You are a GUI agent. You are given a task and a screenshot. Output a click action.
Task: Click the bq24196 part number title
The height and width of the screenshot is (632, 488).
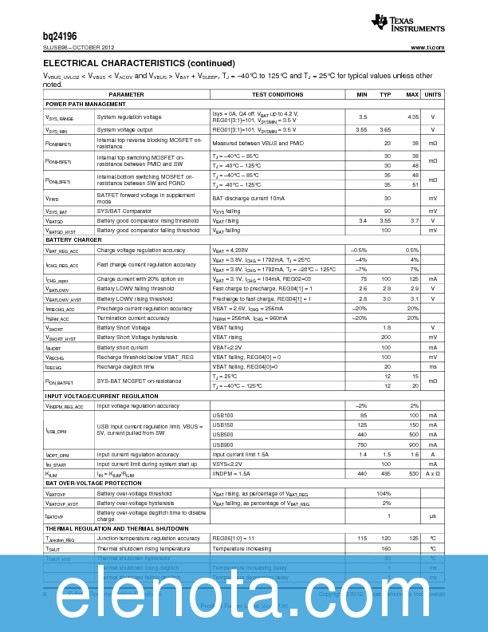[x=60, y=36]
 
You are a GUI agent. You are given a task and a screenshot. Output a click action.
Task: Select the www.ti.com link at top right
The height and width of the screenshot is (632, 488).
[x=427, y=47]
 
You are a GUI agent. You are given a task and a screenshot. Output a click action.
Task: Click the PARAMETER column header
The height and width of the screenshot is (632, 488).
[x=126, y=94]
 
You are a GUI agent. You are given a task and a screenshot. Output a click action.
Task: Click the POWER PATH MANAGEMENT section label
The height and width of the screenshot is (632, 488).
[x=85, y=104]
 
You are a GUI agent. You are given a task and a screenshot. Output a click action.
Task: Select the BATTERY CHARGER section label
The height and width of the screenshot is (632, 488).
[x=73, y=239]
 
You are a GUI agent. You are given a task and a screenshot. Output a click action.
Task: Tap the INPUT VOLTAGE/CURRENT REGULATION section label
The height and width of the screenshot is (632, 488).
[x=101, y=396]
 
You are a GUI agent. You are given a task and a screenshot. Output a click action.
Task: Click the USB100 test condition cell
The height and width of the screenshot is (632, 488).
[x=222, y=416]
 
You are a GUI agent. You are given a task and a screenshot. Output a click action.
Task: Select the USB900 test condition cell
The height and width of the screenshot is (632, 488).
[x=222, y=444]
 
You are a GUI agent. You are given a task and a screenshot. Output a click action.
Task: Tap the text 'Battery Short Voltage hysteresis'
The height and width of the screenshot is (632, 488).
[x=134, y=338]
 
